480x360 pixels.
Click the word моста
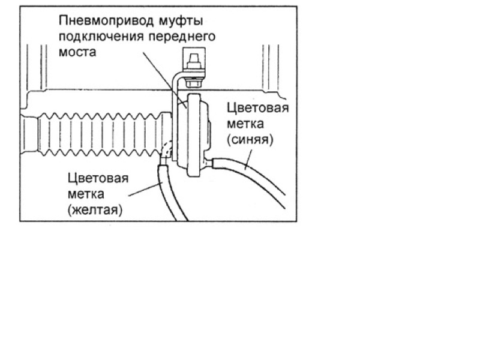77,52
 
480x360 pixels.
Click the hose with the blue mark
258,180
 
